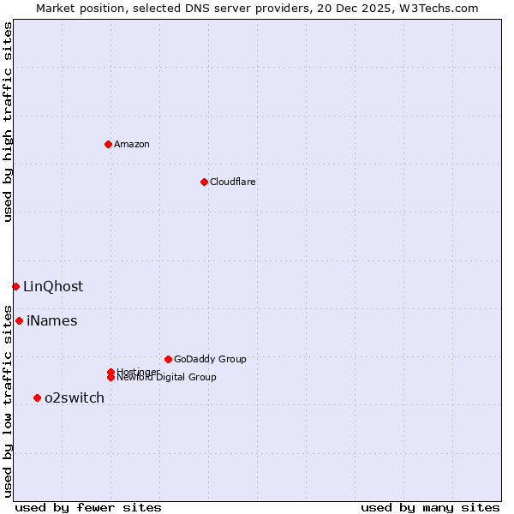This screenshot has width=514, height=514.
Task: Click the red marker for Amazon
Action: tap(108, 144)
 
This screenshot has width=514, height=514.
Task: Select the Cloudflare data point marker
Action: tap(204, 182)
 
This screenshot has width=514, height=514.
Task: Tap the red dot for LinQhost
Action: tap(15, 286)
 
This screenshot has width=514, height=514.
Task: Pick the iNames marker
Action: tap(19, 320)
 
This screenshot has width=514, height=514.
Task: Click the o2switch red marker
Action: tap(37, 397)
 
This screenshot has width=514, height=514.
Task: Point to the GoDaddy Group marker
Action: tap(168, 359)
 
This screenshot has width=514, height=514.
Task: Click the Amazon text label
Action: tap(132, 144)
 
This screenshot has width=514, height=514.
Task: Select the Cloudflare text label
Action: tap(232, 182)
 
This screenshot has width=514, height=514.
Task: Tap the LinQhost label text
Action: tap(53, 287)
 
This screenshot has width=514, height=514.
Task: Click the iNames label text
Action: tap(51, 321)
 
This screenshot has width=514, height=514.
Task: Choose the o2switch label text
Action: tap(75, 397)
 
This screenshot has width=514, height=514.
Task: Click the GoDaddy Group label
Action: tap(210, 359)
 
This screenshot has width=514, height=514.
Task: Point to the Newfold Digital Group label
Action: tap(166, 378)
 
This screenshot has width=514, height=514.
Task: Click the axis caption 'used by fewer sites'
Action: tap(88, 507)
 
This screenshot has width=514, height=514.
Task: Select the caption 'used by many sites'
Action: tap(430, 507)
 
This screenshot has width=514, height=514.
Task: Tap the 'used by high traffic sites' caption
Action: tap(9, 122)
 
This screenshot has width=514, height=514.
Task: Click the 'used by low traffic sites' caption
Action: tap(9, 400)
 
